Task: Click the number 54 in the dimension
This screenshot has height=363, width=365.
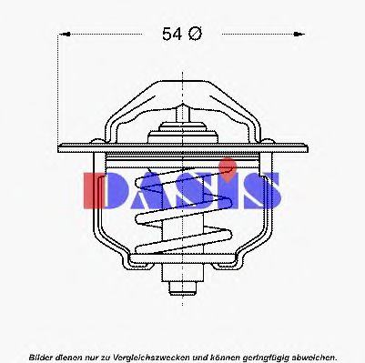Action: pyautogui.click(x=173, y=35)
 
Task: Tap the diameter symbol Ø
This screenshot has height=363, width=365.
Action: pyautogui.click(x=195, y=35)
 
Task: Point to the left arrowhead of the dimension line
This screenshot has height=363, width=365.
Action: pyautogui.click(x=64, y=35)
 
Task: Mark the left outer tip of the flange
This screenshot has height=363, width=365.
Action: pyautogui.click(x=59, y=146)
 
